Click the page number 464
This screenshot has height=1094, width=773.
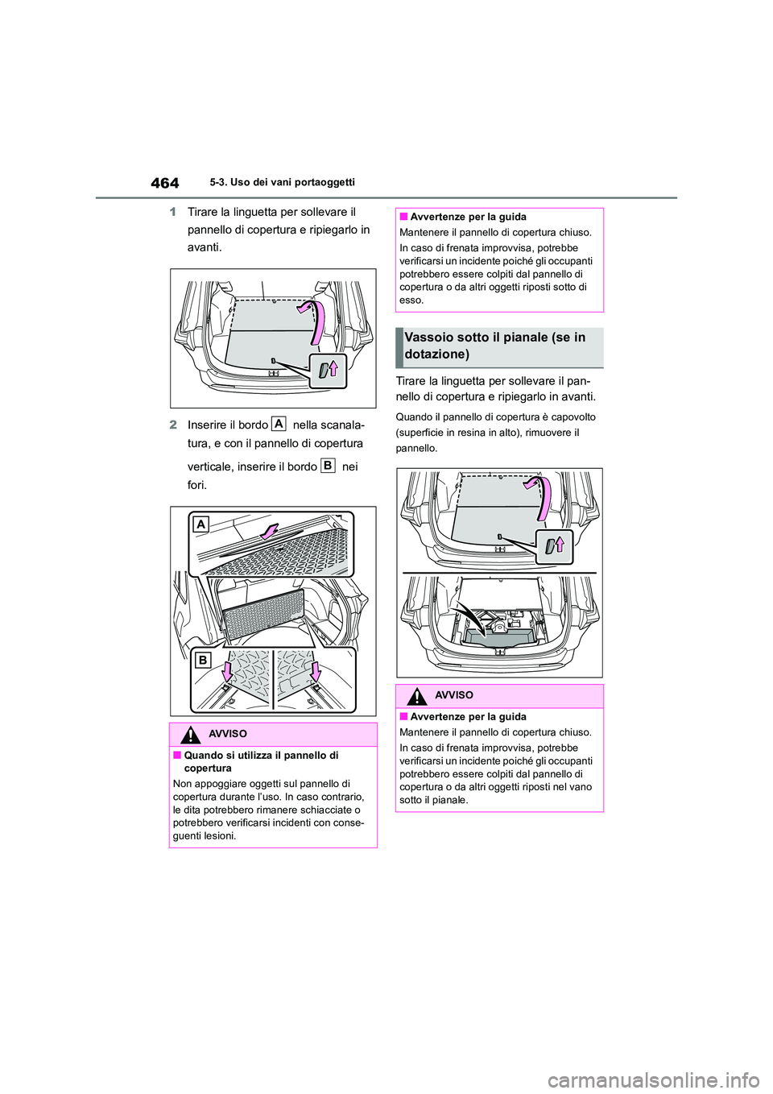[164, 183]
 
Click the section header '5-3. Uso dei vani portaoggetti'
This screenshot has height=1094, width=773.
[282, 182]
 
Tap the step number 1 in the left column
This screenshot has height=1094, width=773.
[173, 212]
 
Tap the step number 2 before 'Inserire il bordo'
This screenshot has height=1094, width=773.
[173, 425]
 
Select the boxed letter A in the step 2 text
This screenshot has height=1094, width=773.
[279, 424]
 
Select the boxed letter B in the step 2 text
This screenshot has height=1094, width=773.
[328, 465]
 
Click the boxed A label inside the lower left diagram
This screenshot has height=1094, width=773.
[200, 524]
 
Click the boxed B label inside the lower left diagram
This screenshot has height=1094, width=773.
[203, 660]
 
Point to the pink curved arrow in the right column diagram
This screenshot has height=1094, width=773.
[542, 498]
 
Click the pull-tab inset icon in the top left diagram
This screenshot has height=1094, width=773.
[328, 371]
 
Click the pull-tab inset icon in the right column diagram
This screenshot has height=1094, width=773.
[554, 546]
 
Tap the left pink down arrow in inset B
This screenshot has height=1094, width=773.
[227, 669]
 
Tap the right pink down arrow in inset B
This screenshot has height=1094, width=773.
[316, 669]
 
